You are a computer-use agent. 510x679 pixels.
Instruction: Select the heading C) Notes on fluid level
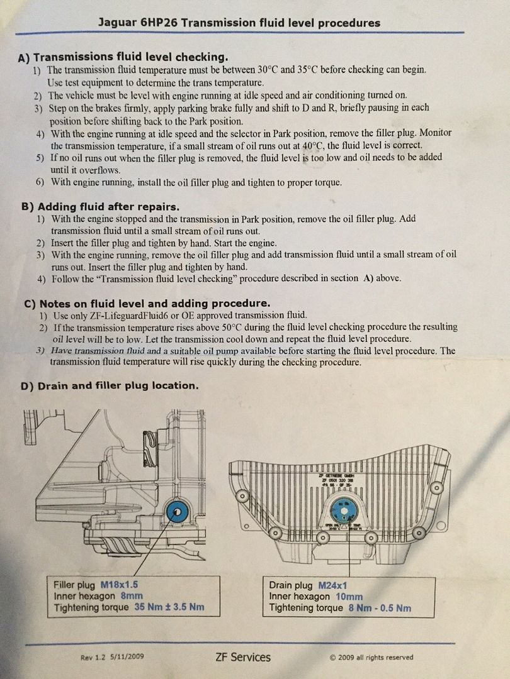147,302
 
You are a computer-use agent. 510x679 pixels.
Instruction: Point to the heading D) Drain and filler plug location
110,385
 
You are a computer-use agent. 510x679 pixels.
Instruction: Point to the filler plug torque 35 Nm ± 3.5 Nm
167,607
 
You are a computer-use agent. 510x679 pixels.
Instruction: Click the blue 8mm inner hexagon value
131,596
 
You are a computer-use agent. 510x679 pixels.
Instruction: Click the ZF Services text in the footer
242,658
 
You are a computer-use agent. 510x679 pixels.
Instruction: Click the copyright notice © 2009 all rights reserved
371,658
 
